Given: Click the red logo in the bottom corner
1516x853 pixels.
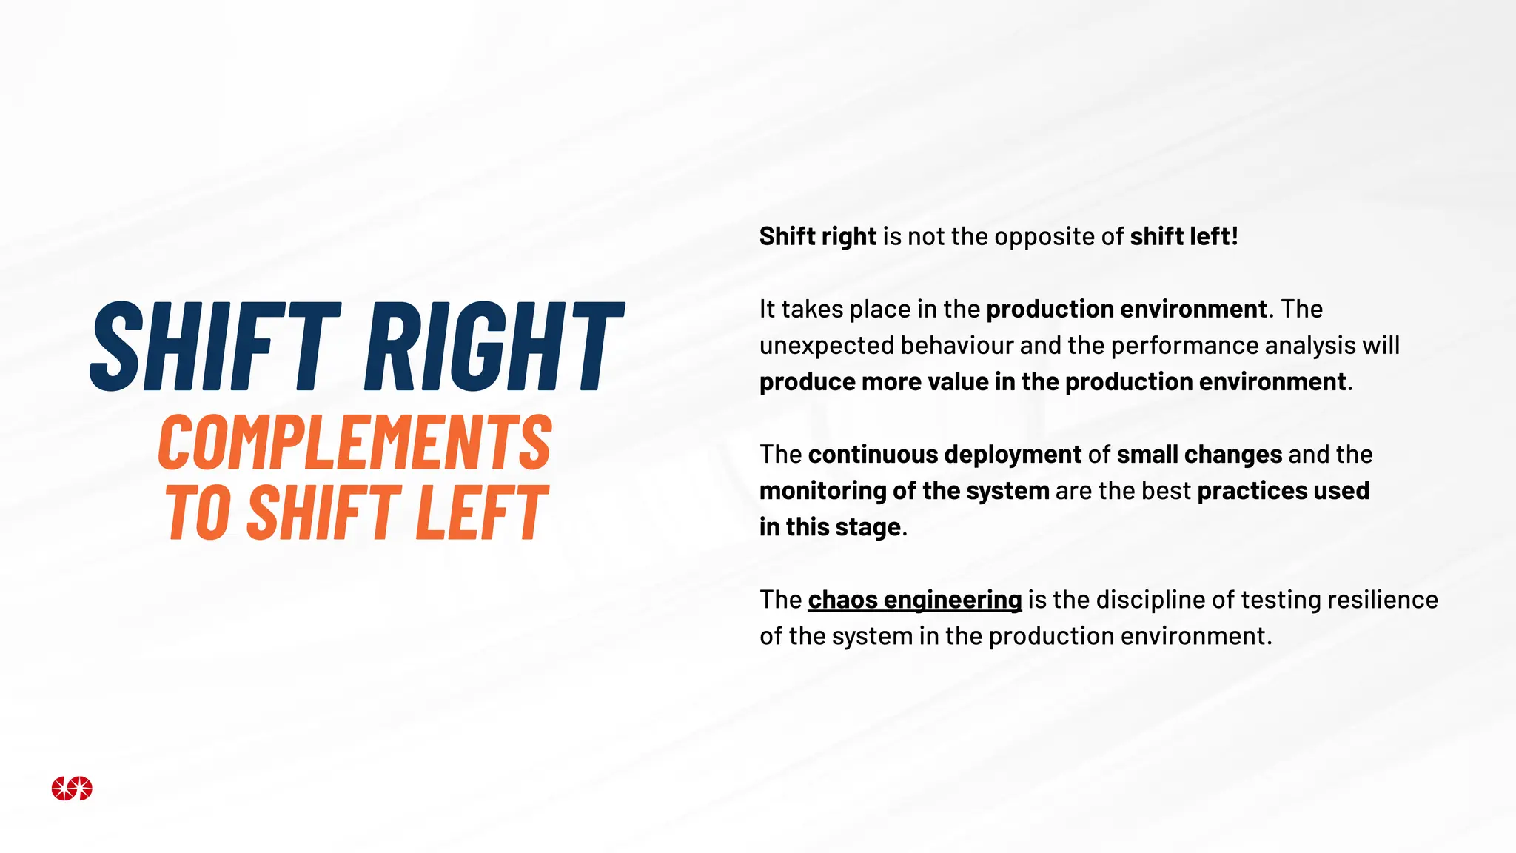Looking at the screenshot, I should (x=72, y=789).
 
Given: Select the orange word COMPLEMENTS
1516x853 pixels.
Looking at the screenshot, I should (x=355, y=443).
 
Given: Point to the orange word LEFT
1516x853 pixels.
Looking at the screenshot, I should (x=482, y=512).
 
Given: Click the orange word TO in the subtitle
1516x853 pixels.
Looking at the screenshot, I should (x=198, y=512).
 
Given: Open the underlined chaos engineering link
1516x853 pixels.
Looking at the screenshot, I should (x=914, y=600).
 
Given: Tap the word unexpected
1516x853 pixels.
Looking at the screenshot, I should (x=827, y=346).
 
